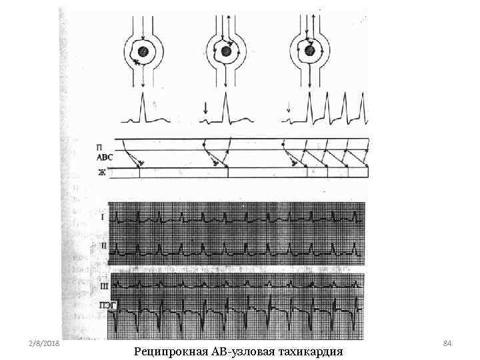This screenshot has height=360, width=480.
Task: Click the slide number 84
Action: point(447,342)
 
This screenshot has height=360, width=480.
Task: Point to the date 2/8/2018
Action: point(45,342)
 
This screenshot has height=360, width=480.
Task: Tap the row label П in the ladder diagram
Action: point(99,145)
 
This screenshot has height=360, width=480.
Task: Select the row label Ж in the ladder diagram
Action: point(101,173)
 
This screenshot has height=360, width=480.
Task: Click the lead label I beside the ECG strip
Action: point(102,217)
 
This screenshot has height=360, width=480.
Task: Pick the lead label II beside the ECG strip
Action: point(102,245)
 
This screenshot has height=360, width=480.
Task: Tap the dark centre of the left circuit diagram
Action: point(143,53)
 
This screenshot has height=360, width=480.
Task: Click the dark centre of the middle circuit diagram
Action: point(227,51)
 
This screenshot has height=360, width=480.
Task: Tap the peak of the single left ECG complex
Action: point(142,95)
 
